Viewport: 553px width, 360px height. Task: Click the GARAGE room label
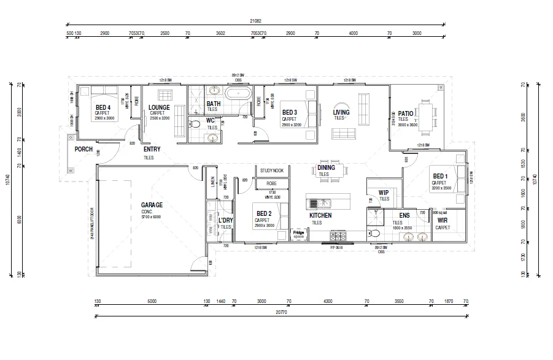tap(151, 205)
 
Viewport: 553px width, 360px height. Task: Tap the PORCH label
tap(83, 149)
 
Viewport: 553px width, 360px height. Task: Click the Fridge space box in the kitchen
tap(298, 234)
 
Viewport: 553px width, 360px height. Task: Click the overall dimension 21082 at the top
tap(255, 21)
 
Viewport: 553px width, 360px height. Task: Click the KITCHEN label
tap(320, 216)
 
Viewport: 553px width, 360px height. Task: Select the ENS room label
tap(404, 216)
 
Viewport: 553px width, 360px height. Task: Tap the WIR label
tap(442, 221)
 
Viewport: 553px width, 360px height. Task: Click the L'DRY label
tap(226, 220)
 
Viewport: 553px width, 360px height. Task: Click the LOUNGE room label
tap(159, 108)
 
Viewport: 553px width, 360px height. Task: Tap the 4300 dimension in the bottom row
tap(328, 301)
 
